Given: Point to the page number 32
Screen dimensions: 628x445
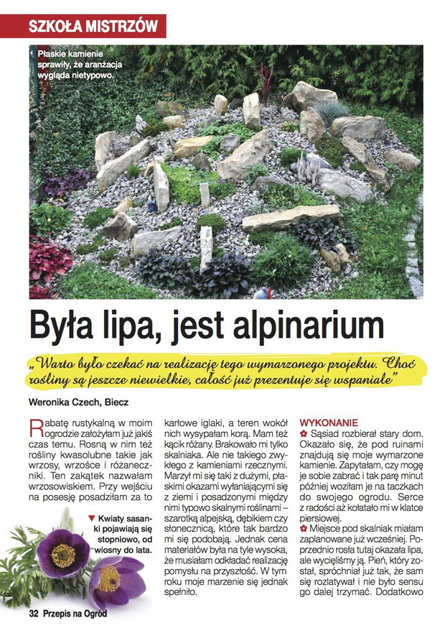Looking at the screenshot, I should point(33,613).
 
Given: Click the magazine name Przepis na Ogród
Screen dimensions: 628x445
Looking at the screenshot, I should point(78,613).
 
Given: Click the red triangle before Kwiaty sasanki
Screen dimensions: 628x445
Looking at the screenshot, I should point(90,517).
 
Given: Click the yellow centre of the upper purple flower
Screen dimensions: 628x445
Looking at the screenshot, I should point(62,554).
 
